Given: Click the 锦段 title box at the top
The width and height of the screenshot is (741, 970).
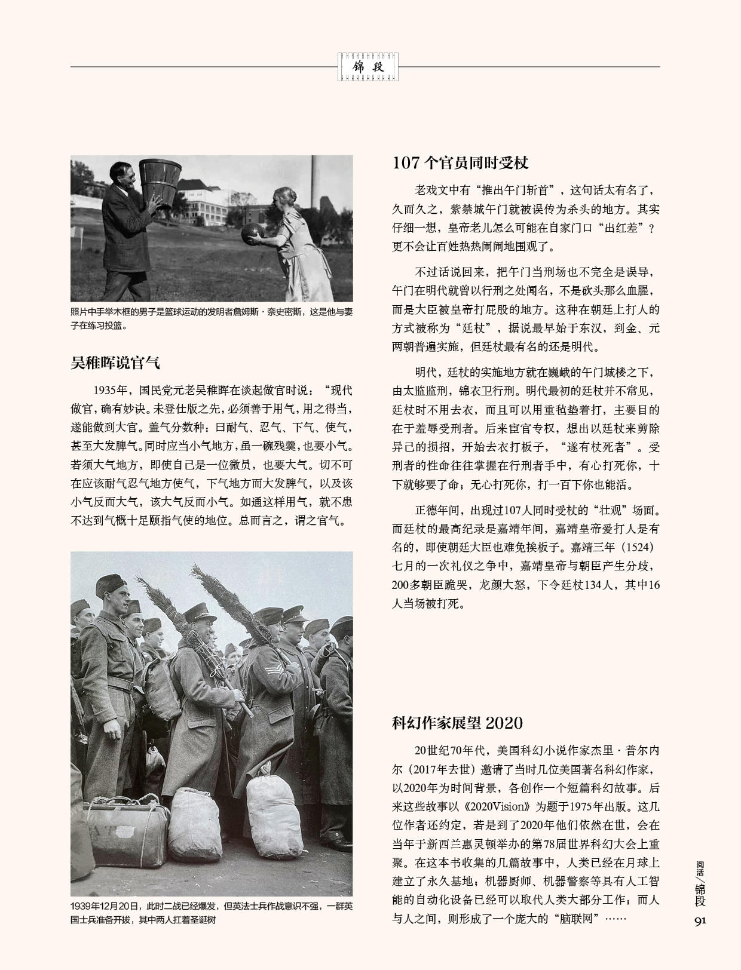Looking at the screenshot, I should tap(368, 67).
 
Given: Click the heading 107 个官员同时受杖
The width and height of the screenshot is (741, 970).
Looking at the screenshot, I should tap(460, 162).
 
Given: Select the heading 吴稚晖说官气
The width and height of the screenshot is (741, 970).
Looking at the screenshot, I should tap(115, 363).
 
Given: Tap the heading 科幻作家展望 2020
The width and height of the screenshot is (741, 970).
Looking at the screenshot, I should tap(457, 723).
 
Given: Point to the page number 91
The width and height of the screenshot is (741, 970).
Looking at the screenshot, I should tap(700, 920).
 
